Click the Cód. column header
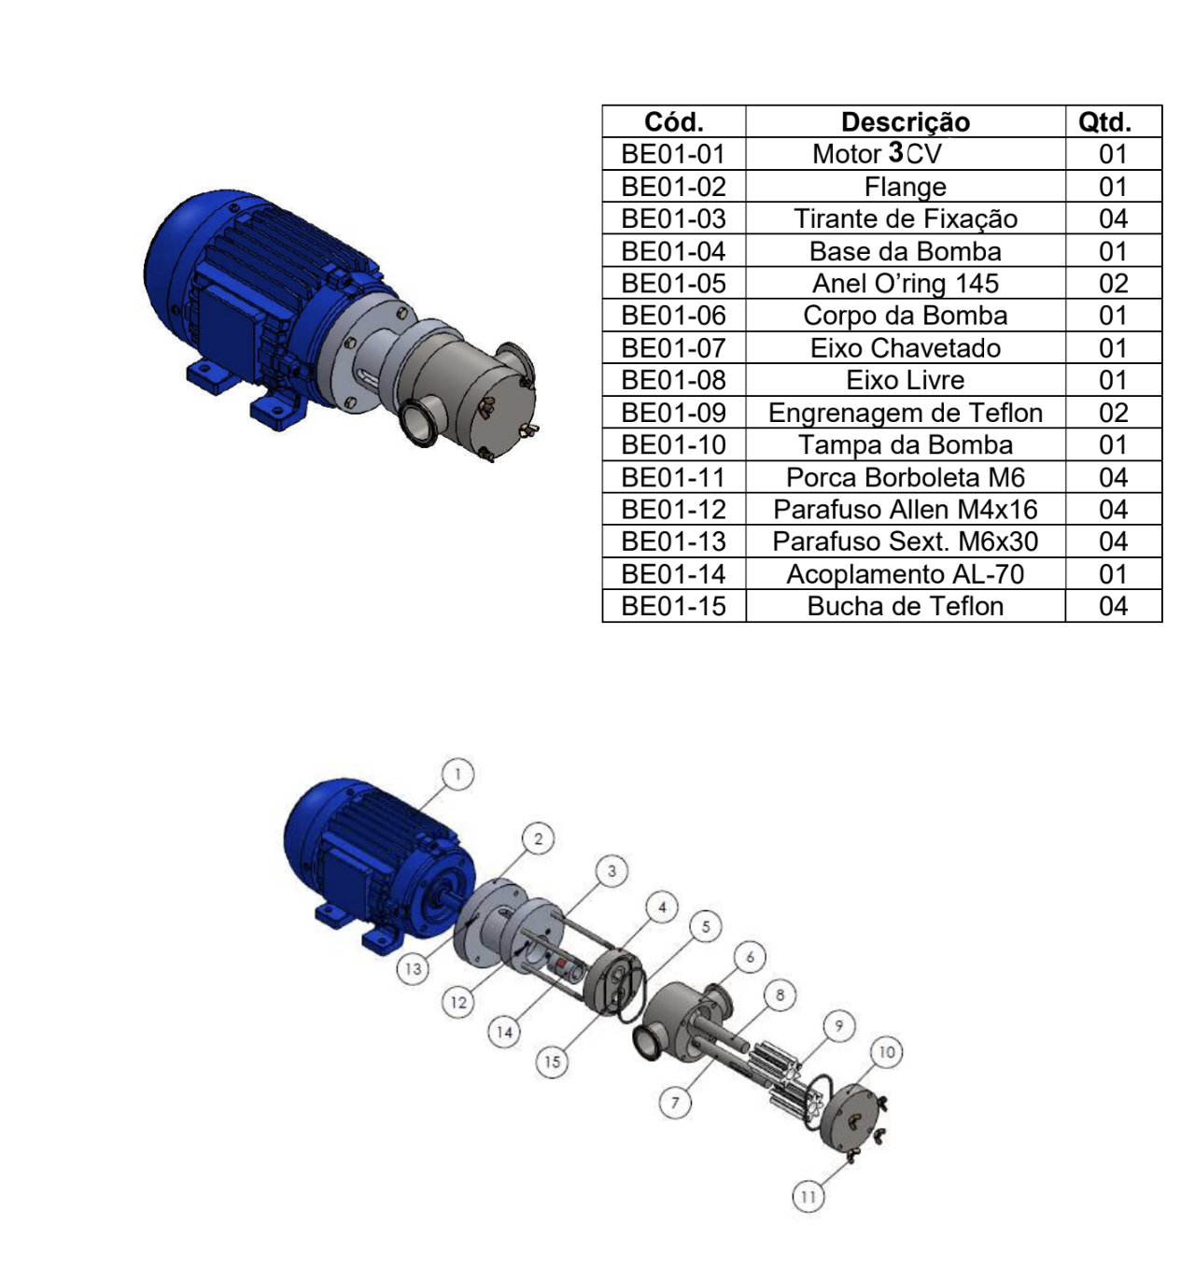(x=673, y=121)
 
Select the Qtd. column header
(x=1104, y=121)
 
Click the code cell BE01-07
(x=673, y=347)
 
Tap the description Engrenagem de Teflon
(x=905, y=413)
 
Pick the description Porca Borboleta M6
(x=905, y=477)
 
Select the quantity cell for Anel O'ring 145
(x=1113, y=283)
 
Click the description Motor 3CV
(x=877, y=154)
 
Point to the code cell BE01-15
(x=673, y=606)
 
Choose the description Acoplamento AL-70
(x=905, y=574)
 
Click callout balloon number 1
(x=457, y=775)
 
